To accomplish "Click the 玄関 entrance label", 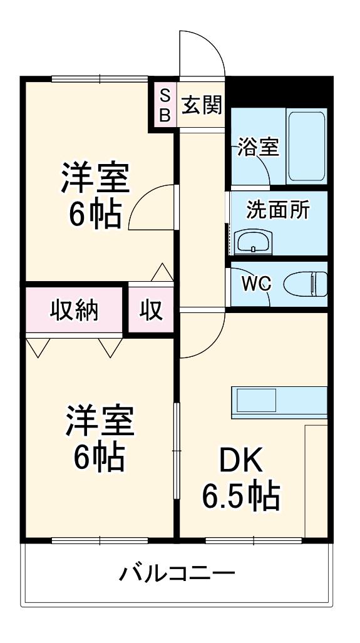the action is tap(202, 105).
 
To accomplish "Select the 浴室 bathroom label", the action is tap(259, 147).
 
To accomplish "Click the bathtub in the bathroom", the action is tap(307, 147).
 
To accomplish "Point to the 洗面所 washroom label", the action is tap(278, 211).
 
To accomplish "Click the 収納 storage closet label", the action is tap(75, 311).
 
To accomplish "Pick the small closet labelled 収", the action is tap(151, 310).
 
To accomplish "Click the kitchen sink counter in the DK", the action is tap(279, 403).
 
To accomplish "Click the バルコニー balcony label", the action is tap(177, 572).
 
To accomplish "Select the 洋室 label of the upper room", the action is tap(95, 178).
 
